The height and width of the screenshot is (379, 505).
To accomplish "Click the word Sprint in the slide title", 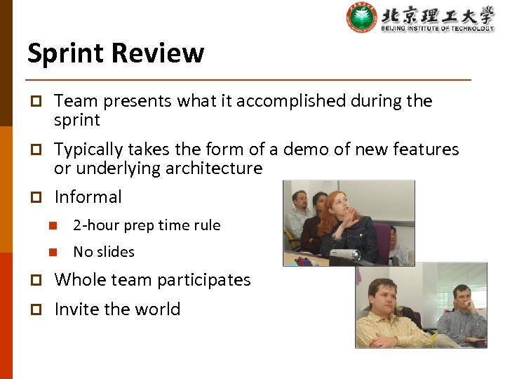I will (66, 53).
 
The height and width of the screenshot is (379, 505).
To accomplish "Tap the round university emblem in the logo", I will (362, 18).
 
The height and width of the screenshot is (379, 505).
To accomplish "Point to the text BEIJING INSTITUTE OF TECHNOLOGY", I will (438, 28).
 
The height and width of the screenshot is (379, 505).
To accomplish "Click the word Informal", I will (88, 197).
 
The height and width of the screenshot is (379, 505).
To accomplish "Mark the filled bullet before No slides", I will (51, 252).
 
